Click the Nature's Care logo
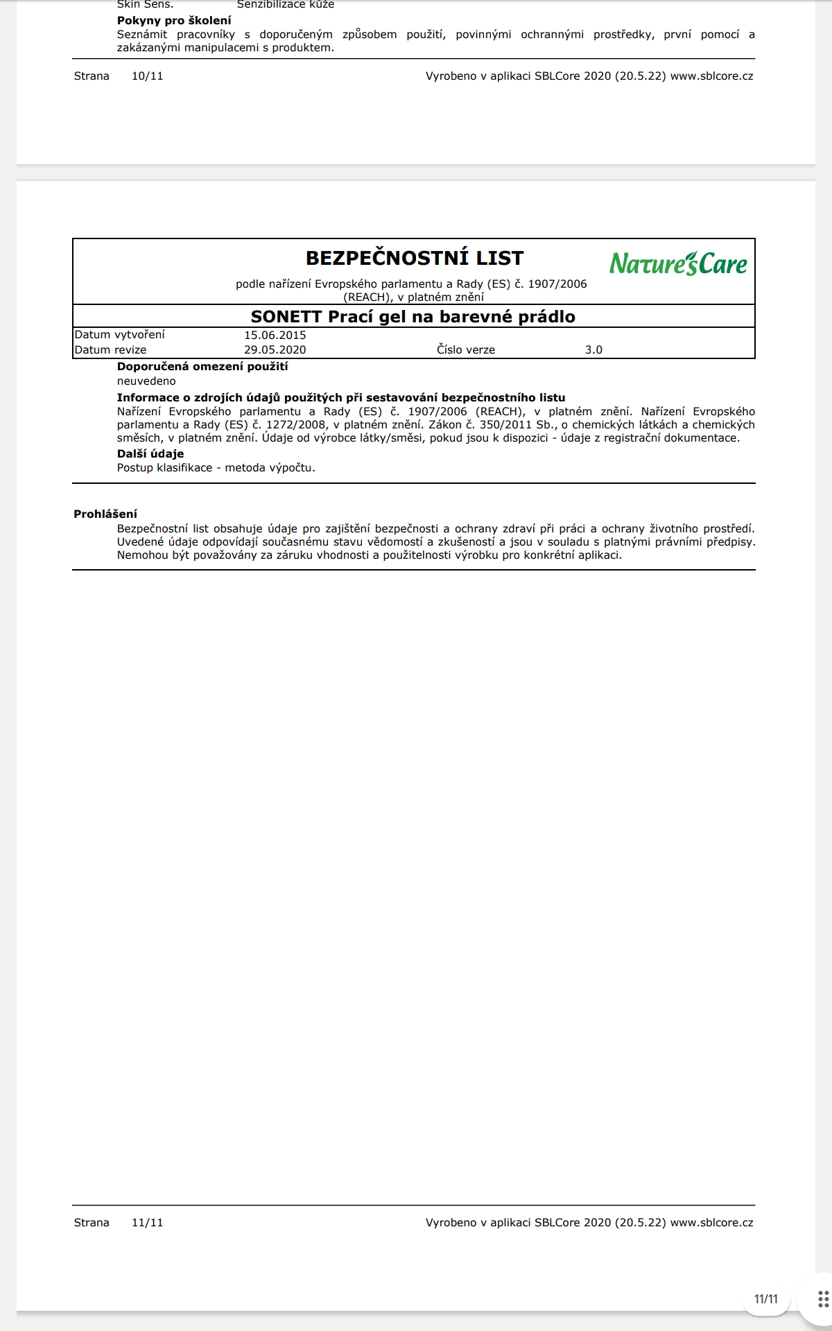pyautogui.click(x=678, y=263)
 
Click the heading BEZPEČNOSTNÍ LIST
pyautogui.click(x=414, y=259)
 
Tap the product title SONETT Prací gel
pyautogui.click(x=413, y=317)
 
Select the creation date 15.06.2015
pyautogui.click(x=275, y=335)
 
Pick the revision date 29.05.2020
pyautogui.click(x=275, y=350)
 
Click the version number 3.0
pyautogui.click(x=593, y=350)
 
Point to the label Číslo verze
pyautogui.click(x=465, y=350)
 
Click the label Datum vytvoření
pyautogui.click(x=119, y=335)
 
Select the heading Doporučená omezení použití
pyautogui.click(x=202, y=367)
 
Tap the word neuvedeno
pyautogui.click(x=146, y=381)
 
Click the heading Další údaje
pyautogui.click(x=150, y=454)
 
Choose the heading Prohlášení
pyautogui.click(x=105, y=514)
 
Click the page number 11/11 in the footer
pyautogui.click(x=147, y=1222)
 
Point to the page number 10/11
pyautogui.click(x=147, y=76)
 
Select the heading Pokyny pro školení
pyautogui.click(x=174, y=21)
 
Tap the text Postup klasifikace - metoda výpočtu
pyautogui.click(x=216, y=468)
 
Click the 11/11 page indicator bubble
pyautogui.click(x=766, y=1298)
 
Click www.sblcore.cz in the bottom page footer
pyautogui.click(x=711, y=1222)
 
